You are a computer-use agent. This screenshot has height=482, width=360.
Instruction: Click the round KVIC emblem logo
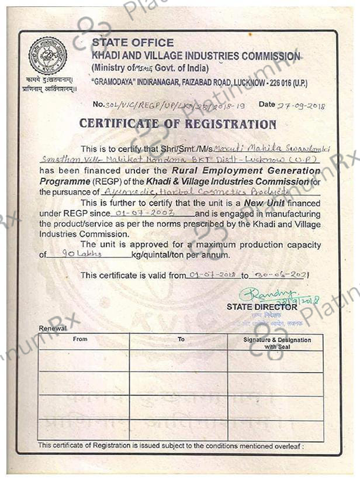(47, 56)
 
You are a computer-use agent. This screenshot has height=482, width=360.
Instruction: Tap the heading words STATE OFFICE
(133, 43)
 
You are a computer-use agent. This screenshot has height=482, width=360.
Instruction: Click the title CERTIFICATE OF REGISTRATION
(178, 124)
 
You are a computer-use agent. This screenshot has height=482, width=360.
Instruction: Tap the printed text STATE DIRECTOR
(262, 307)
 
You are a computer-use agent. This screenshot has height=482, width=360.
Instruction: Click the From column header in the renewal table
(81, 339)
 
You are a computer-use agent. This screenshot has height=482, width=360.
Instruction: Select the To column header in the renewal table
(181, 339)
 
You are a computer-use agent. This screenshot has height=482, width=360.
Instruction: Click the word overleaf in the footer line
(285, 446)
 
